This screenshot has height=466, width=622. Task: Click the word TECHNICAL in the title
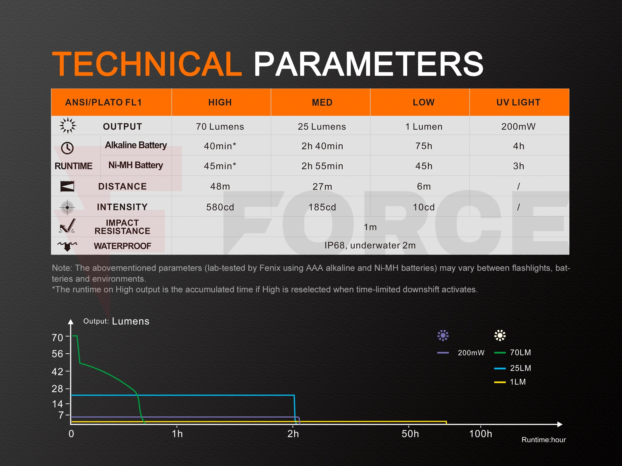(x=147, y=64)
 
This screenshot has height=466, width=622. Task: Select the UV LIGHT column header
(x=518, y=102)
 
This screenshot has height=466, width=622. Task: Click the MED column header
(x=322, y=102)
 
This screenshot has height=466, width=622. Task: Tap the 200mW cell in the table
(x=518, y=127)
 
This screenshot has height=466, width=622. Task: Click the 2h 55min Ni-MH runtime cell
(x=322, y=166)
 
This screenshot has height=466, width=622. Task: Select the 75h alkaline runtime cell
(x=424, y=146)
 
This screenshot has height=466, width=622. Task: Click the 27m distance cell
(x=322, y=186)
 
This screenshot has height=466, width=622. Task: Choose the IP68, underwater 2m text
(x=370, y=245)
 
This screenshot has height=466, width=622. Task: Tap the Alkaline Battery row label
(x=136, y=145)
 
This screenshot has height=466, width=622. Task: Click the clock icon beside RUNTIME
(x=67, y=148)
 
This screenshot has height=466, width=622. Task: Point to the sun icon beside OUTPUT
(x=68, y=126)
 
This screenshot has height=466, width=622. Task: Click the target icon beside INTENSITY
(x=67, y=208)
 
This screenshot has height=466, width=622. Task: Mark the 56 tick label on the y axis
(x=58, y=354)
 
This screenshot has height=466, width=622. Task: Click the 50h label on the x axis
(x=410, y=434)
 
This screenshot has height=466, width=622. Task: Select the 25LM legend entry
(x=513, y=368)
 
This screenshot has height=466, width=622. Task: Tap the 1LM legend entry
(x=510, y=382)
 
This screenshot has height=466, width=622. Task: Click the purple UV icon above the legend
(x=443, y=335)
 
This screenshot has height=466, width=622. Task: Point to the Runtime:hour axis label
(x=543, y=440)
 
